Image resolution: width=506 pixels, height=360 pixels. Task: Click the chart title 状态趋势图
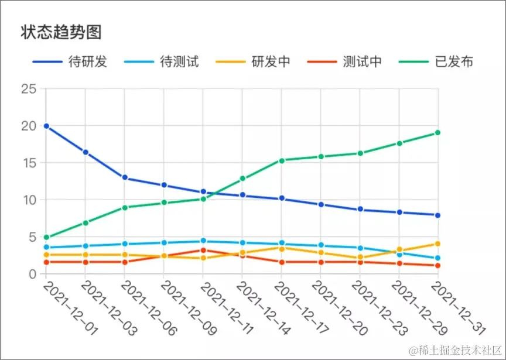coord(61,32)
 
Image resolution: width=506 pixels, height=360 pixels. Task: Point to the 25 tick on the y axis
coord(29,89)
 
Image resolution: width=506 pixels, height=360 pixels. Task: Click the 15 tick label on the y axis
coord(29,163)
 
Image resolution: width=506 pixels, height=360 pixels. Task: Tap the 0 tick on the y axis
coord(32,274)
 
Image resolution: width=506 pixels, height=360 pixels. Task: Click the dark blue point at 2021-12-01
coord(46,126)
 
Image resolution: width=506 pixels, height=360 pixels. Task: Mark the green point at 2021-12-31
coord(437,133)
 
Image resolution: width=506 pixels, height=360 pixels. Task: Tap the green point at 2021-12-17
coord(282,160)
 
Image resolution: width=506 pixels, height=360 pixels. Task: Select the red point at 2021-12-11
coord(203,251)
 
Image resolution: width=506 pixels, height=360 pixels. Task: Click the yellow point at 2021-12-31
coord(437,244)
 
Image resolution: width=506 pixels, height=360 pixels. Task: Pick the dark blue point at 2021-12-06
coord(125,177)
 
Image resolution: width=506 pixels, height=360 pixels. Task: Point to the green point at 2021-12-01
coord(46,237)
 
